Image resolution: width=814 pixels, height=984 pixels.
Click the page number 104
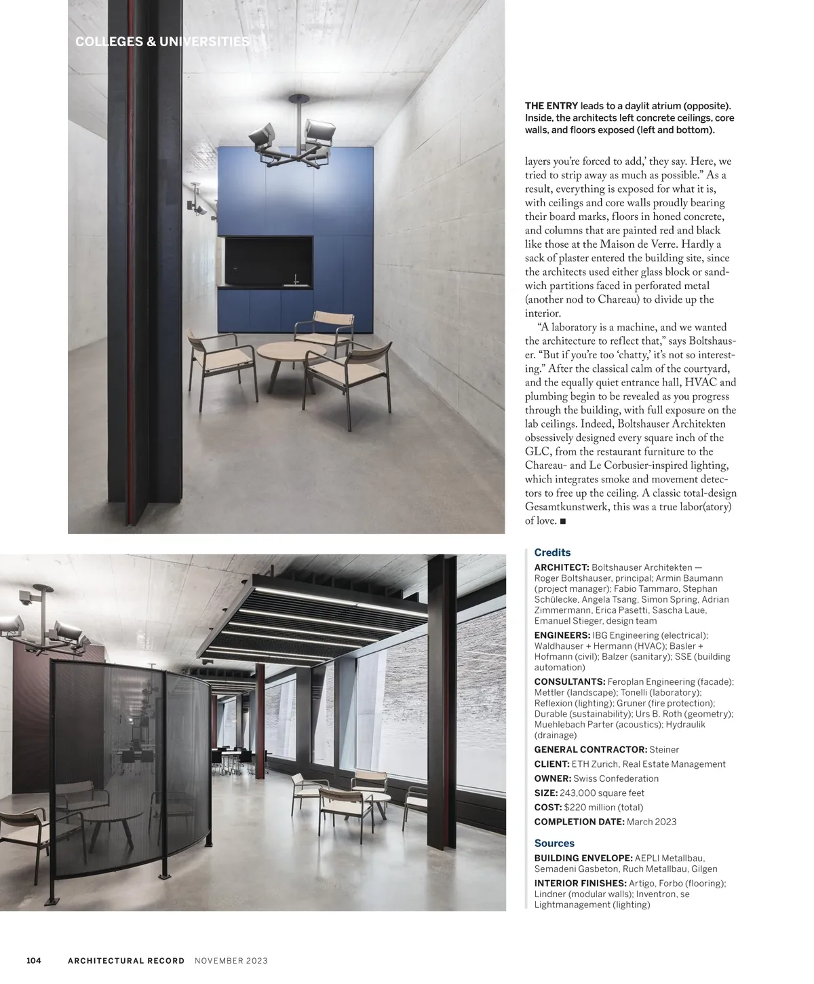(34, 960)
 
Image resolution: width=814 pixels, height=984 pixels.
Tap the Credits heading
(552, 552)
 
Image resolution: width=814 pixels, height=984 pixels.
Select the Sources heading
(554, 843)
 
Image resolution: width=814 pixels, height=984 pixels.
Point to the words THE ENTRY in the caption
(551, 106)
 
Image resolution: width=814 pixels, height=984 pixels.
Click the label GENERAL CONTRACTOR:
(590, 749)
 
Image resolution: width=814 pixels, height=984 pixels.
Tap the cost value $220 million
(589, 807)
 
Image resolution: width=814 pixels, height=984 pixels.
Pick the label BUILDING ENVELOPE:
(583, 858)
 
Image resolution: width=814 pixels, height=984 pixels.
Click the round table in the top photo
(287, 354)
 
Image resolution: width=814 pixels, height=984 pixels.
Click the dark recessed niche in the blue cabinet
(269, 261)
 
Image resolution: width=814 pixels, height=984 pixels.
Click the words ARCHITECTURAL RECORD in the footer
(126, 960)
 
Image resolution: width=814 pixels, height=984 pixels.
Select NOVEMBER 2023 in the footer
(231, 960)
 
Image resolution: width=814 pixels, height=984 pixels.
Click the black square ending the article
(563, 521)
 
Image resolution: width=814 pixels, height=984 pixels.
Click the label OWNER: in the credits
(552, 778)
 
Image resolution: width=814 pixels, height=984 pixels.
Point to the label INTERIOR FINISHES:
(580, 883)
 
